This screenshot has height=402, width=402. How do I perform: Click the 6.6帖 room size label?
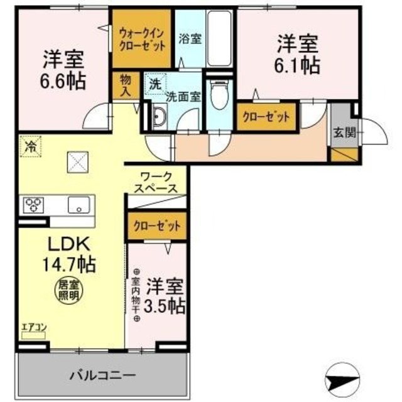[64, 81]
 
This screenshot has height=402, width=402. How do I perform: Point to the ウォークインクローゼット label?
[142, 39]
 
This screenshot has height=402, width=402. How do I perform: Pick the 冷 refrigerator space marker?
[30, 147]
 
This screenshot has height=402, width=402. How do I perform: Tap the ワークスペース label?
[156, 182]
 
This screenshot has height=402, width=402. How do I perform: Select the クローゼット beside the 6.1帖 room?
[266, 117]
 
